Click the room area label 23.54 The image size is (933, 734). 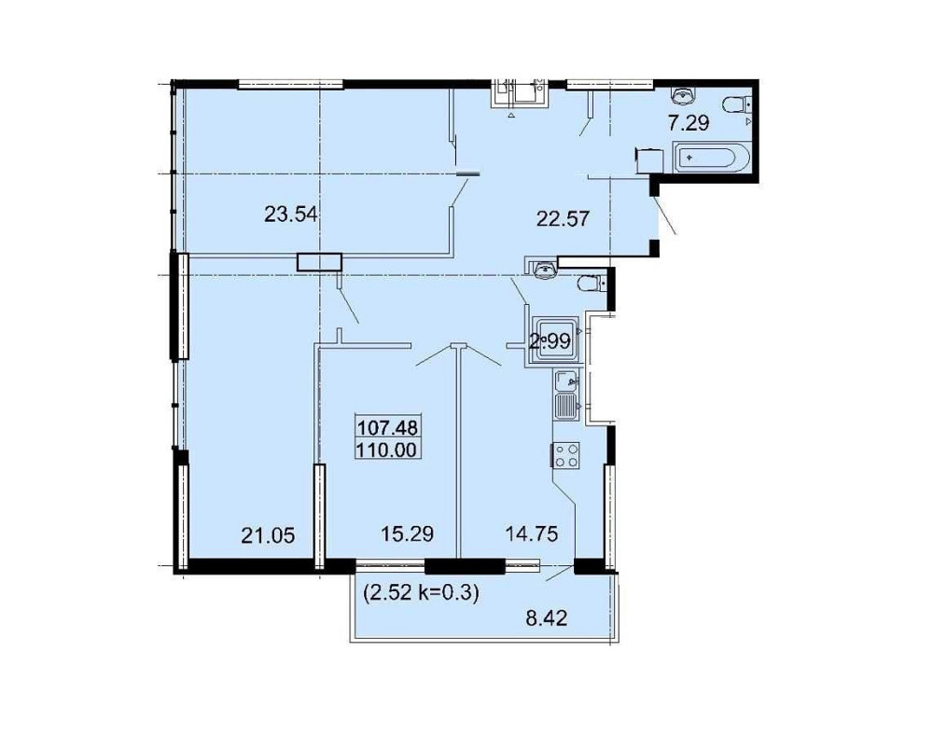(x=290, y=214)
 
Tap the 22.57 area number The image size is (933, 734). (x=563, y=218)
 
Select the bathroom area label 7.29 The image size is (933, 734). (x=689, y=123)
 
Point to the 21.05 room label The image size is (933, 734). (x=268, y=536)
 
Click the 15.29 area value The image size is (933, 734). (x=407, y=533)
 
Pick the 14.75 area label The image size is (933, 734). (x=532, y=533)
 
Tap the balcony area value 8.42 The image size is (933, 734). (x=546, y=618)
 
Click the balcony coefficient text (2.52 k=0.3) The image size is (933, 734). (x=421, y=592)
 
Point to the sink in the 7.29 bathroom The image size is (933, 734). (x=683, y=93)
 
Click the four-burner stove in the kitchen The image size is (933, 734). (x=566, y=456)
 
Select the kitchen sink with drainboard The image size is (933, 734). (x=567, y=394)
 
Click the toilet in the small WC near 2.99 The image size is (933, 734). (x=592, y=284)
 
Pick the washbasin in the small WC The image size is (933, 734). (x=545, y=270)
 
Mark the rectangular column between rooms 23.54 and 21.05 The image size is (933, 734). (x=320, y=262)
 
